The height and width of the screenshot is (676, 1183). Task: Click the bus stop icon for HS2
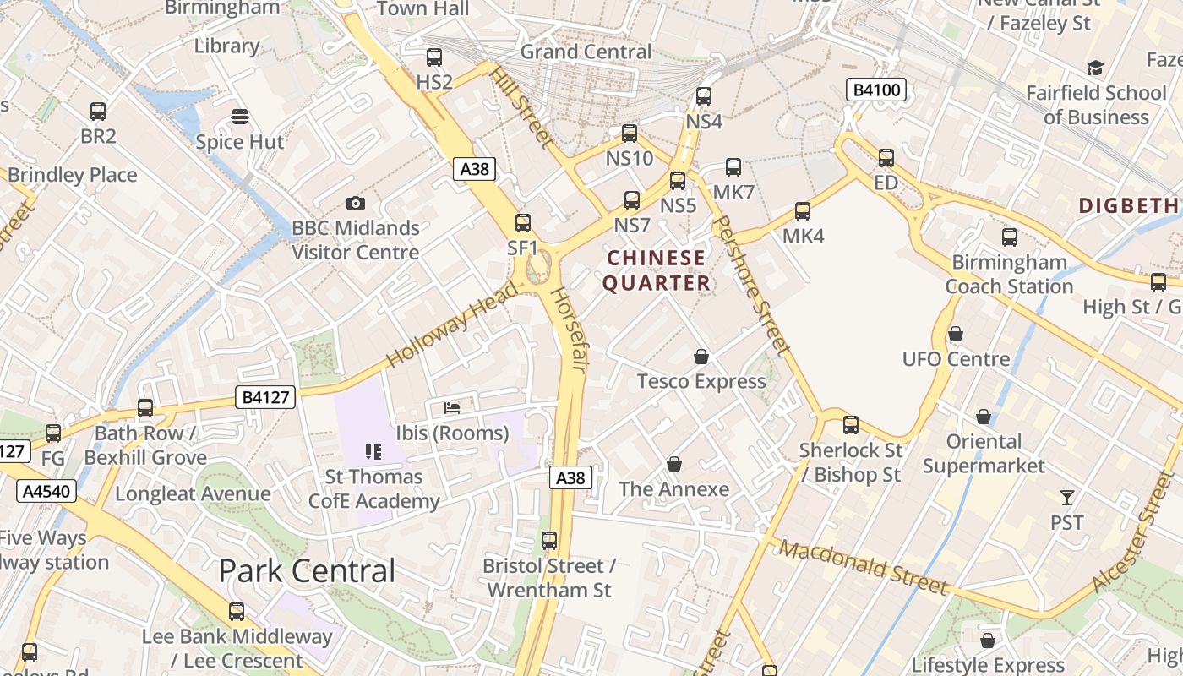434,57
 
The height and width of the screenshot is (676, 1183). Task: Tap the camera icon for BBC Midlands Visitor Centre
356,203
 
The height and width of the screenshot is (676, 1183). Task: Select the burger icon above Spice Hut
240,117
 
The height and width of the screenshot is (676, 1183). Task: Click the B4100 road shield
876,90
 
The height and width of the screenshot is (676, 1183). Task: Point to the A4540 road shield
47,491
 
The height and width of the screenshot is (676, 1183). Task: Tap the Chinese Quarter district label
657,270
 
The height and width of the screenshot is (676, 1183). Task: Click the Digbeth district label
1129,205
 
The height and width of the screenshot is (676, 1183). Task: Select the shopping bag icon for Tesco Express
701,357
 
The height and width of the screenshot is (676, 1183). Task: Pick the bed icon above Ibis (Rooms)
452,408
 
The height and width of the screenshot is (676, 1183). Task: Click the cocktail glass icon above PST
1067,498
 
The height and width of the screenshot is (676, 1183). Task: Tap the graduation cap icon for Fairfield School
1095,68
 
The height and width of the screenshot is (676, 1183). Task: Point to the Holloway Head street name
453,325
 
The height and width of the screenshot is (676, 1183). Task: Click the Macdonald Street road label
864,568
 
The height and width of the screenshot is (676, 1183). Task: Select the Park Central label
307,571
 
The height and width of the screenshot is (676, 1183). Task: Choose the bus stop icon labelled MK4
802,210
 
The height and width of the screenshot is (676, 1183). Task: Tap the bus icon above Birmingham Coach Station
1009,237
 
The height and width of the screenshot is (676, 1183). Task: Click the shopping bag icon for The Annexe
673,464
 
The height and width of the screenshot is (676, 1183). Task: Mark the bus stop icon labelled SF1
523,223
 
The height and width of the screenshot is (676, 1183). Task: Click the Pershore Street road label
751,285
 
